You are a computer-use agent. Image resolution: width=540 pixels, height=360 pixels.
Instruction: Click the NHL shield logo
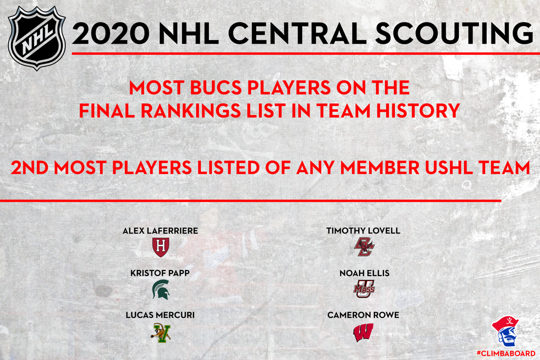click(36, 38)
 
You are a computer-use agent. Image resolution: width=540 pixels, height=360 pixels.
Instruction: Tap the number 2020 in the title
click(111, 33)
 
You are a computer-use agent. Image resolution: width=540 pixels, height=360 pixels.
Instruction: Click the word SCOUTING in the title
click(454, 33)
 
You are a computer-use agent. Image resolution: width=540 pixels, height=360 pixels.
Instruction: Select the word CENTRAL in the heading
click(297, 33)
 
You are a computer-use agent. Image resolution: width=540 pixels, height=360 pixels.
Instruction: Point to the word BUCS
click(216, 87)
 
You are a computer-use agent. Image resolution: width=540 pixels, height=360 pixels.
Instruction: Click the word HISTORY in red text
click(418, 111)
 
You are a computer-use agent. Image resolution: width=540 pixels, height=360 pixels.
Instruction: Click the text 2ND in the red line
click(30, 168)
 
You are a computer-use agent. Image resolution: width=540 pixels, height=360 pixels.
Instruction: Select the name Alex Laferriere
click(160, 230)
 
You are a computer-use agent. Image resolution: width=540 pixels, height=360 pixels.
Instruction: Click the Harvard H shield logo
click(160, 247)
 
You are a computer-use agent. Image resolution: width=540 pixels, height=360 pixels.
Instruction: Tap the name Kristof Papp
click(160, 273)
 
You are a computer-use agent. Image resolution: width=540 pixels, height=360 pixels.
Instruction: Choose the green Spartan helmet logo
click(161, 289)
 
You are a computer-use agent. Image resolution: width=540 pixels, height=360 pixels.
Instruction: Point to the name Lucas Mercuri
click(160, 315)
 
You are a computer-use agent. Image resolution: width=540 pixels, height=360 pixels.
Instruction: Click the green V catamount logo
click(161, 333)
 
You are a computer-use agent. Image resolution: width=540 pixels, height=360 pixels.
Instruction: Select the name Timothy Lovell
click(363, 230)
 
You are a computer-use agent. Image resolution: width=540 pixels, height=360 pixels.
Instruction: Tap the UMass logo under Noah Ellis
click(364, 289)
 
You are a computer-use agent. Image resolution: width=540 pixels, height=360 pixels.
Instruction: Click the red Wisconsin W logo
click(363, 333)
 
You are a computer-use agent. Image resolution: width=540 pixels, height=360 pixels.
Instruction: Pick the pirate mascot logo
click(505, 331)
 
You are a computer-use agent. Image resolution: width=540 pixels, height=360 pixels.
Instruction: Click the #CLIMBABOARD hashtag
click(506, 353)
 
